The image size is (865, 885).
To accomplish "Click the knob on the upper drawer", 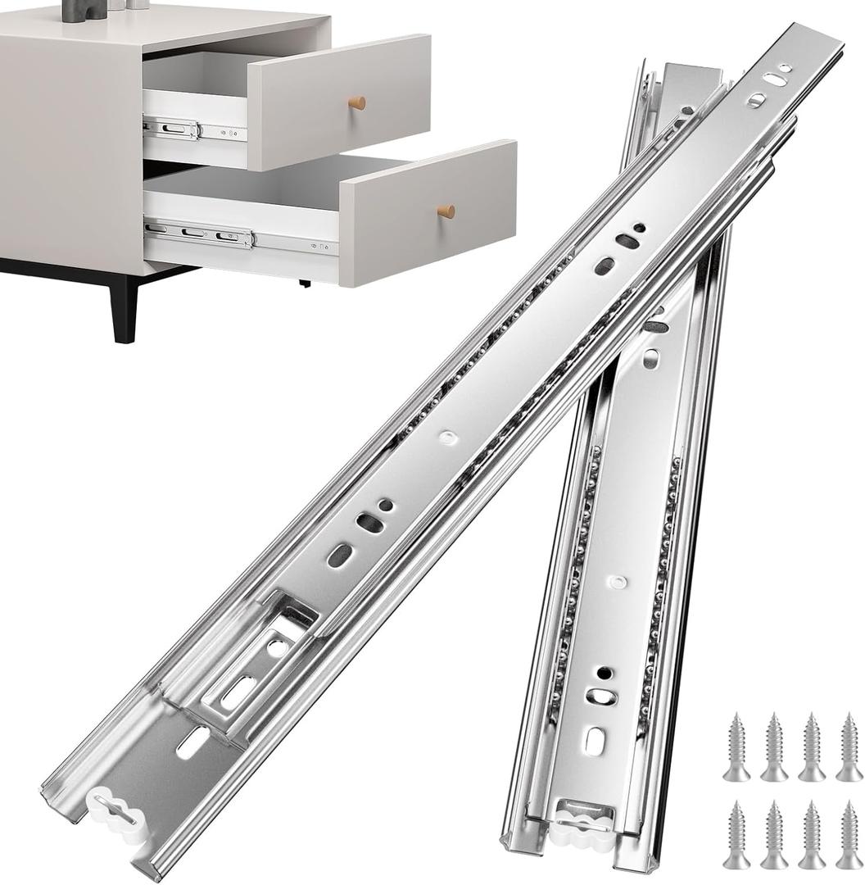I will click(357, 102).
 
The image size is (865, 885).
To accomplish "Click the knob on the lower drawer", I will click(446, 211).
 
